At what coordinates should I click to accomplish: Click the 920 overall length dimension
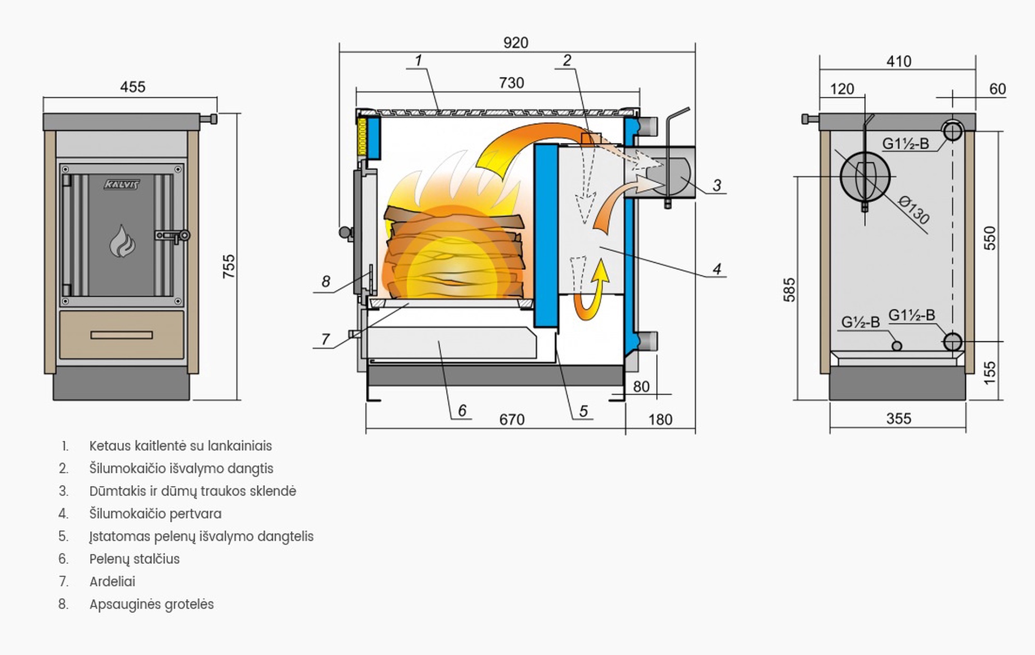(x=515, y=42)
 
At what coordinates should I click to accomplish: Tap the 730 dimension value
(x=511, y=83)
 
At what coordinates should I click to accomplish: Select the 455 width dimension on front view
(x=132, y=87)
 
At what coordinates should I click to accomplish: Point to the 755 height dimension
(x=228, y=266)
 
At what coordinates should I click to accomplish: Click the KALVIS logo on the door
(x=122, y=184)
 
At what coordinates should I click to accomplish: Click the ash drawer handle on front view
(x=122, y=335)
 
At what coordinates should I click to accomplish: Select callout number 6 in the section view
(x=462, y=411)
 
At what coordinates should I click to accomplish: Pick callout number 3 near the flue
(x=717, y=185)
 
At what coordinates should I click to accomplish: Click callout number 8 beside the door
(x=326, y=281)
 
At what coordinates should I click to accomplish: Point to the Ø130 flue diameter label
(x=914, y=210)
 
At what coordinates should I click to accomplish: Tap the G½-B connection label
(x=860, y=322)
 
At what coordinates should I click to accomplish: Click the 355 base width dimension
(x=898, y=418)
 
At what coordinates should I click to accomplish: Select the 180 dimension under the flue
(x=660, y=419)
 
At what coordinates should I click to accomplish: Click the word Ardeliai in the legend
(x=112, y=581)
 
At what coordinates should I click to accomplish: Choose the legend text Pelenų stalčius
(x=135, y=559)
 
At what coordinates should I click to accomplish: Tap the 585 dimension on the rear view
(x=789, y=290)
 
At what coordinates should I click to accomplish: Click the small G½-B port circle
(x=897, y=346)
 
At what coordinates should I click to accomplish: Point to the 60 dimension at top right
(x=997, y=89)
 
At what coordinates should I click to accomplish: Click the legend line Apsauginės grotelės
(x=152, y=604)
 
